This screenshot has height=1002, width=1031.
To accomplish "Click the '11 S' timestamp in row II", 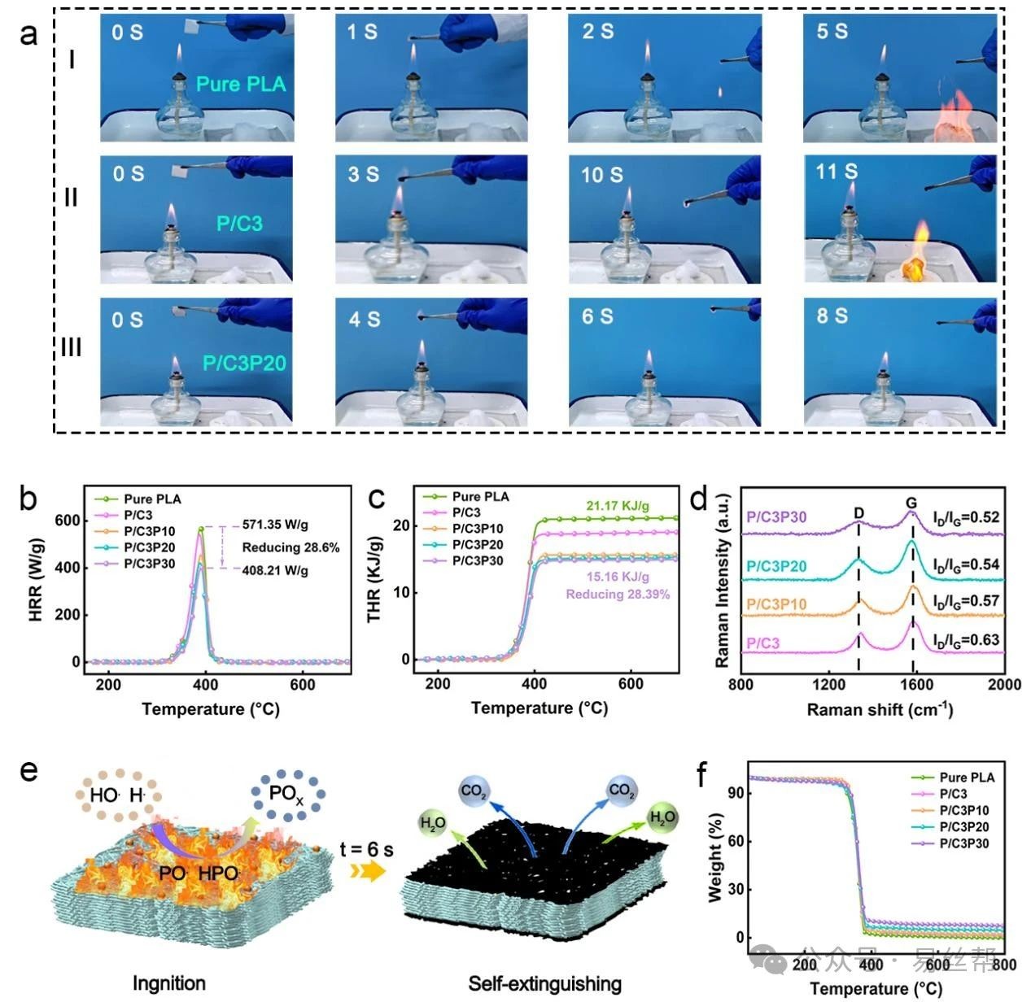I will [x=837, y=172].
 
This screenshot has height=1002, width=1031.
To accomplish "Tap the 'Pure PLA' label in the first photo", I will [x=241, y=85].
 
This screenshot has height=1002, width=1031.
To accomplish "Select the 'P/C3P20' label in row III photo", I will [x=244, y=363].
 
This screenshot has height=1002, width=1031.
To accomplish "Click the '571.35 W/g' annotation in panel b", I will [x=275, y=525].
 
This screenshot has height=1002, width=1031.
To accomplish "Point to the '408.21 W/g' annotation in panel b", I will [x=275, y=571].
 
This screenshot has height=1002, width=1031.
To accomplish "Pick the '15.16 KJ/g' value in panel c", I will [x=618, y=577].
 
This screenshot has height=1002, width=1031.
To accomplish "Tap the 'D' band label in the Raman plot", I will [x=859, y=513].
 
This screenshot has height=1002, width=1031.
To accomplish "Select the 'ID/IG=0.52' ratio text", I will [x=966, y=518].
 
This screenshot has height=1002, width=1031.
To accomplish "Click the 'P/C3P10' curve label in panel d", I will [x=775, y=604].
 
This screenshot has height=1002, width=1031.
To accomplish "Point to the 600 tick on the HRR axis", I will [x=68, y=521].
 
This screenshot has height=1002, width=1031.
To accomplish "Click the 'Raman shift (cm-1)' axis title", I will [x=880, y=709].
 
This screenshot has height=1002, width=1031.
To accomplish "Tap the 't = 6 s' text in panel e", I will [x=366, y=850].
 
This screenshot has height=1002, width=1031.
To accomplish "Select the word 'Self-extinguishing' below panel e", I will [x=544, y=984].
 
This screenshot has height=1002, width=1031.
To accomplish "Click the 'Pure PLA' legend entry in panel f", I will [x=966, y=778].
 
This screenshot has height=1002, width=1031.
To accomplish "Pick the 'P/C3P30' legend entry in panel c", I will [x=478, y=561].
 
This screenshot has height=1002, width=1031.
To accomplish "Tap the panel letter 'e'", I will [x=29, y=769].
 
